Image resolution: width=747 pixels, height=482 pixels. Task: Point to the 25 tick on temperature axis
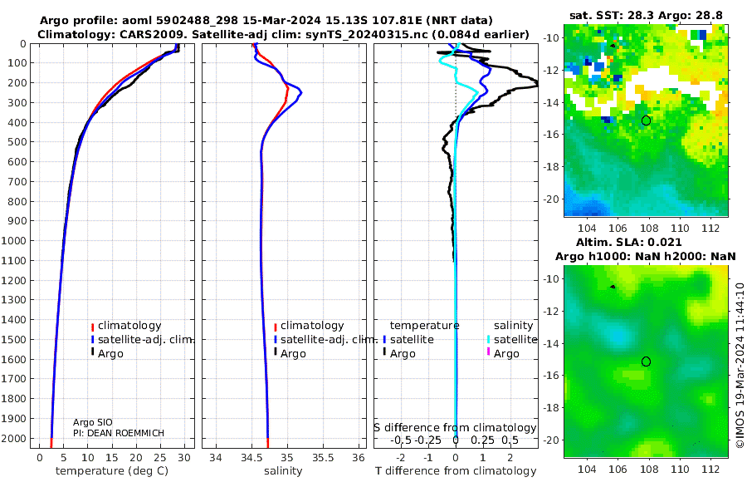[160, 457]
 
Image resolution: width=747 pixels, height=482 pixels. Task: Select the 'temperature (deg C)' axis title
[111, 471]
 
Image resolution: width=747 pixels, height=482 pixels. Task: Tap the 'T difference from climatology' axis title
[456, 471]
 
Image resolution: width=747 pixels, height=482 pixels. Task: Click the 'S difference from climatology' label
[455, 427]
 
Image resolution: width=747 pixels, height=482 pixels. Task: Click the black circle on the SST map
[646, 120]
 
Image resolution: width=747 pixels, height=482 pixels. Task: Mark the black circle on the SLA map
[646, 361]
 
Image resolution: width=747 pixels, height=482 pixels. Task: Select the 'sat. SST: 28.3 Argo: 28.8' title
[647, 15]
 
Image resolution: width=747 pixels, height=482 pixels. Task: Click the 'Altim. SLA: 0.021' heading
[646, 241]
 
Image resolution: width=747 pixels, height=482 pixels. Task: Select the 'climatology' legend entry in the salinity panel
[312, 326]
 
